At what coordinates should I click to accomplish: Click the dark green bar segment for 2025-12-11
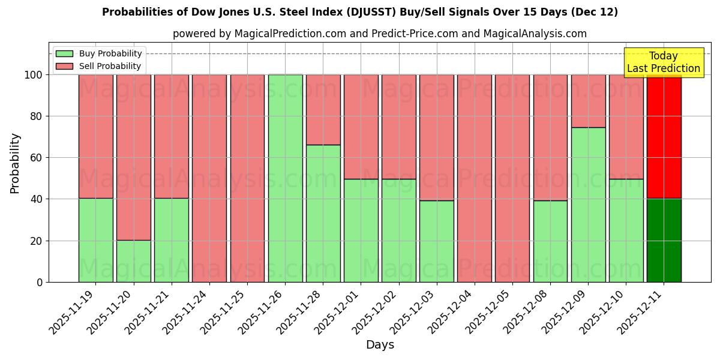point(664,240)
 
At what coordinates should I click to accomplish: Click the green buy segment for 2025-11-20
point(133,261)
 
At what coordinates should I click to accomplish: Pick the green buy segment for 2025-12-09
point(588,205)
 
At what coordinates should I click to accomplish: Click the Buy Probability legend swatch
point(64,54)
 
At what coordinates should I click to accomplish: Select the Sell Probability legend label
point(110,67)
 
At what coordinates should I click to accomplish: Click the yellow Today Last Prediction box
point(663,62)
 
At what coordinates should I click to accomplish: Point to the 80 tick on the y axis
point(37,116)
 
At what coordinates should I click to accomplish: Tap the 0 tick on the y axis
point(40,283)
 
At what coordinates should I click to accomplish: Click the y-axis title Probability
point(15,163)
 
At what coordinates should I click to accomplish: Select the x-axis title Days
point(380,345)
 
